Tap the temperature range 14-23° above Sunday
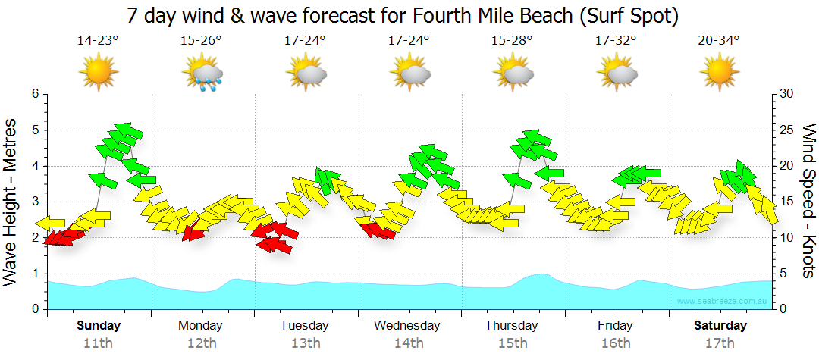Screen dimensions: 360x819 coord(98,40)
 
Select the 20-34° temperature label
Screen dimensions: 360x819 coord(718,40)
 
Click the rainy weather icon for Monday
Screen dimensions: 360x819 coord(202,74)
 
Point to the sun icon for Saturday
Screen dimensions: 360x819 coord(719,74)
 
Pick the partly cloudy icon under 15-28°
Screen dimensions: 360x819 coord(513,74)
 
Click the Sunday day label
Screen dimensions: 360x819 coord(99,326)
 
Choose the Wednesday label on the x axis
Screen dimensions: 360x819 coord(407,326)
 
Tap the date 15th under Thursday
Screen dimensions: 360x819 coord(513,343)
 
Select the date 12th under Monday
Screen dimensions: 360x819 coord(202,343)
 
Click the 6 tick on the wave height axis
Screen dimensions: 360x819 coord(35,94)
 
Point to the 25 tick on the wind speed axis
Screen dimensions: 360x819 coord(787,130)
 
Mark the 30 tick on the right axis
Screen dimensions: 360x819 coord(787,94)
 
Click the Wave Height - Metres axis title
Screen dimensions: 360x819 coord(12,202)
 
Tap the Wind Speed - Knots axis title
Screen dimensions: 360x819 coord(807,202)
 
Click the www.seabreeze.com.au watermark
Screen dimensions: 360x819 coord(724,301)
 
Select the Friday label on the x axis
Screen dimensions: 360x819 coord(615,326)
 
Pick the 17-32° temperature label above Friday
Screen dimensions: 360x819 coord(615,40)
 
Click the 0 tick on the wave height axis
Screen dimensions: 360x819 coord(35,309)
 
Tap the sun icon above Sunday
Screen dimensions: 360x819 coord(99,74)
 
